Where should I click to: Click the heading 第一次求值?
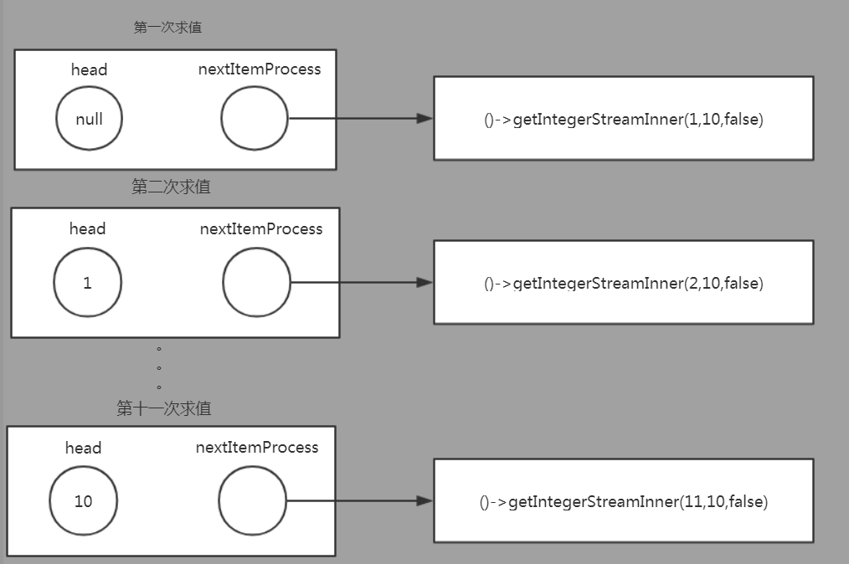167,28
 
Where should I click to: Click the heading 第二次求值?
171,187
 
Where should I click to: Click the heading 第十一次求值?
164,408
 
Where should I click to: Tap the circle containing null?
89,119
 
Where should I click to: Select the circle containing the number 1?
87,283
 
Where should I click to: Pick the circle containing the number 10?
83,501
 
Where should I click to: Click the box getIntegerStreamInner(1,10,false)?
623,119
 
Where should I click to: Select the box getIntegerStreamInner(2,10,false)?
623,283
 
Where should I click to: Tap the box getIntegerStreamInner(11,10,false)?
623,501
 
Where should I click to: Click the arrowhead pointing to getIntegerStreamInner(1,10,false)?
424,119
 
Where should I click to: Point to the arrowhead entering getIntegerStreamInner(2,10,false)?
424,283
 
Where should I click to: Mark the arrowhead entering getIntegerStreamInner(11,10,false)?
424,501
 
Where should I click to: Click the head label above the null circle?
89,69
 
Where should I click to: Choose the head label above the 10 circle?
83,449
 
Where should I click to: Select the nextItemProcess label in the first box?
260,69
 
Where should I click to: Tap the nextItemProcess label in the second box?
261,229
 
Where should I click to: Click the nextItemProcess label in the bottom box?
257,448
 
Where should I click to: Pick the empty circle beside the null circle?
255,119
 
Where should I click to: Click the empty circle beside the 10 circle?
252,501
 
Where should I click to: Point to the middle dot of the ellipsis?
158,368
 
